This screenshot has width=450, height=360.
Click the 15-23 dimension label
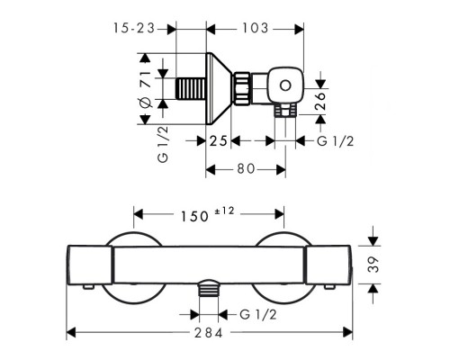pyautogui.click(x=134, y=29)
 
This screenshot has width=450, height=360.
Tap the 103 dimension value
pyautogui.click(x=255, y=29)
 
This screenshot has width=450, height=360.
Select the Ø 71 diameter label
pyautogui.click(x=146, y=89)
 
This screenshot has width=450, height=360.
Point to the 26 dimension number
pyautogui.click(x=320, y=102)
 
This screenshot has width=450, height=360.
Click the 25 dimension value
pyautogui.click(x=218, y=140)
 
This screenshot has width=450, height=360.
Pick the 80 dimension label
pyautogui.click(x=246, y=169)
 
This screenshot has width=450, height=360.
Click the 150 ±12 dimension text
pyautogui.click(x=207, y=214)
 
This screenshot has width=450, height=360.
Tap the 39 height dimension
pyautogui.click(x=373, y=265)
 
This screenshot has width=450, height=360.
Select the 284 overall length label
pyautogui.click(x=209, y=333)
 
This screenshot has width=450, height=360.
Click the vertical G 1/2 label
pyautogui.click(x=163, y=145)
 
